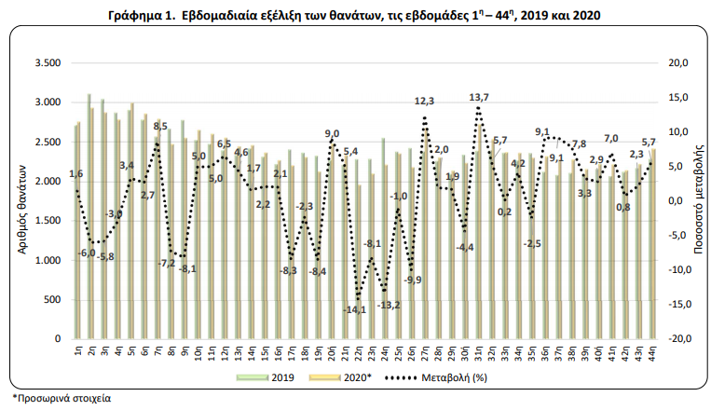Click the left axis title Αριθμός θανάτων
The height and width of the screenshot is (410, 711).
click(21, 200)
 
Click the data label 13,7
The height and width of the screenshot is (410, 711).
click(479, 97)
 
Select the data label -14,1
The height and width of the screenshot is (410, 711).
click(354, 309)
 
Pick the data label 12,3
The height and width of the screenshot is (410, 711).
click(425, 101)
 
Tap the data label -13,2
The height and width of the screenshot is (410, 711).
click(389, 305)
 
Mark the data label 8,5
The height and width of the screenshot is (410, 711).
click(159, 125)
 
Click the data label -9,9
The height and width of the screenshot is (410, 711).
click(412, 280)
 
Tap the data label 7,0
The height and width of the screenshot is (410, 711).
click(610, 139)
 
